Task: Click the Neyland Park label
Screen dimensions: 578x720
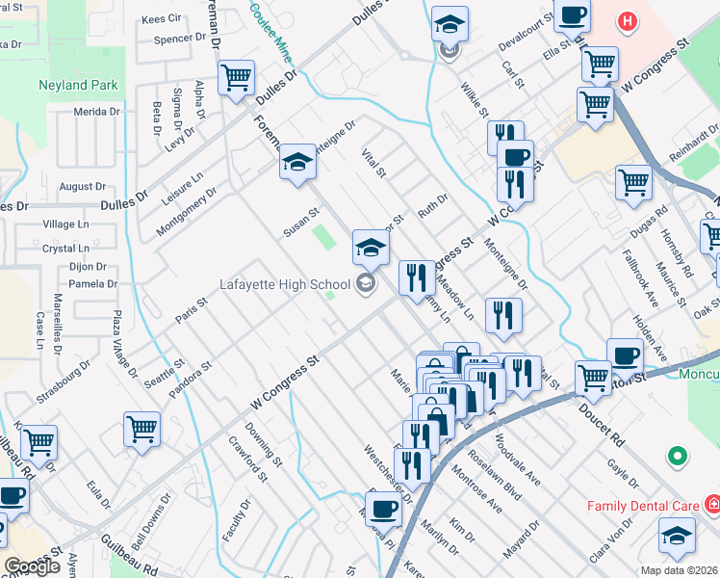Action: pos(78,85)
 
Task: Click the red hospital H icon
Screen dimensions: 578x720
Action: pos(628,20)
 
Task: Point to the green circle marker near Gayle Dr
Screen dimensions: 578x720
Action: pos(678,455)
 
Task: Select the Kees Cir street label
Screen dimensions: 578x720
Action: pos(161,18)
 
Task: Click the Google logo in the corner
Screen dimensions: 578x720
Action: pos(33,566)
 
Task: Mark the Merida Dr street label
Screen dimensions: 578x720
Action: pos(96,112)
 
